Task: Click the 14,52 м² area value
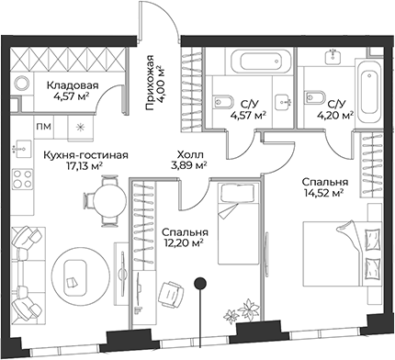tap(323, 193)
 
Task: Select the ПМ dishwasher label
tap(43, 126)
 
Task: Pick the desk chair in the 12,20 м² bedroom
tap(169, 291)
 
